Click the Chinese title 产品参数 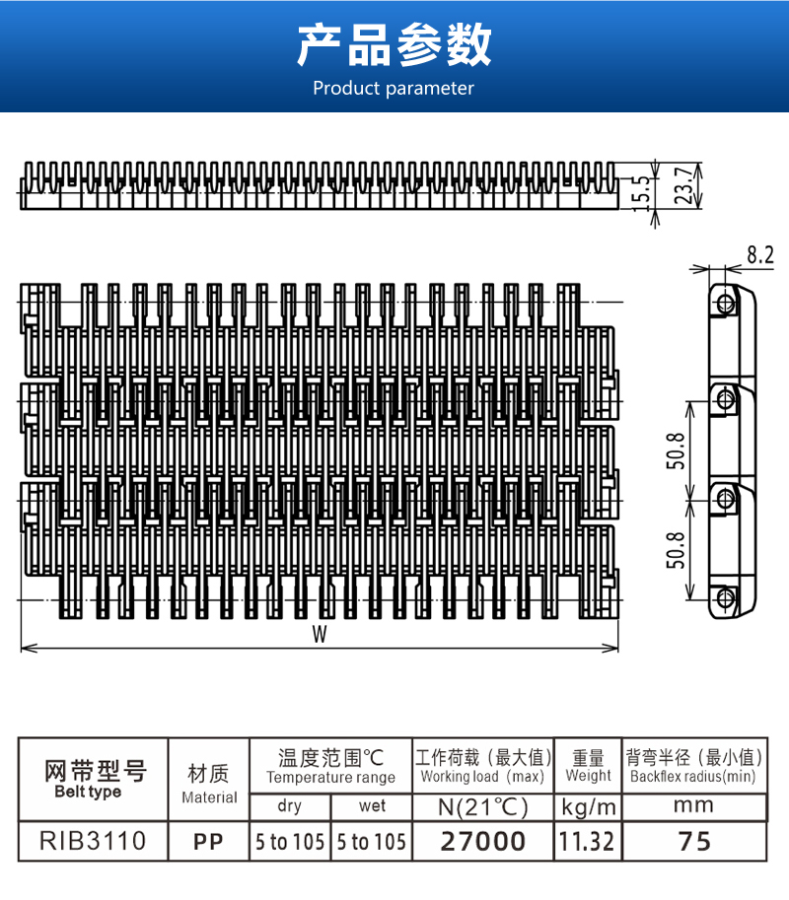click(394, 45)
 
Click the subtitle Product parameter click(394, 89)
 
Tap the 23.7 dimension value click(682, 185)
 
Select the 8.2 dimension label click(760, 255)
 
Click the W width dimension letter click(320, 634)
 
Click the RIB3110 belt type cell click(93, 841)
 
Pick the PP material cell click(208, 842)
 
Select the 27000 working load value click(483, 842)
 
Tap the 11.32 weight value click(587, 842)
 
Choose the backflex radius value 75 click(694, 842)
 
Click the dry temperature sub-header click(289, 806)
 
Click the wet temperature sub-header click(372, 806)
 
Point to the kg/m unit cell click(588, 807)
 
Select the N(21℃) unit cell click(482, 807)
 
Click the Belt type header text click(88, 793)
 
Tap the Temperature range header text click(330, 778)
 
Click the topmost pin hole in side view click(725, 302)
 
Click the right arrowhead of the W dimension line click(612, 649)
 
